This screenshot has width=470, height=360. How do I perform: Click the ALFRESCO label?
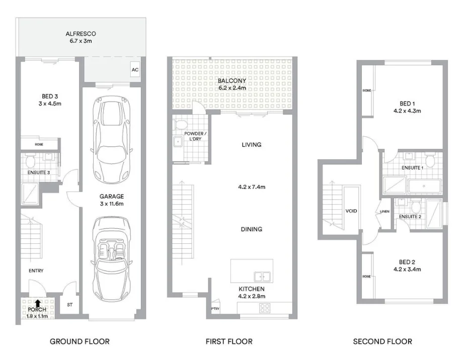pyautogui.click(x=81, y=34)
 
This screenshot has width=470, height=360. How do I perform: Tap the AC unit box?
pyautogui.click(x=134, y=70)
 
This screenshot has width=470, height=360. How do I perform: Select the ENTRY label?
pyautogui.click(x=36, y=271)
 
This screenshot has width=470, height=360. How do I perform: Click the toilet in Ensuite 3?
pyautogui.click(x=30, y=161)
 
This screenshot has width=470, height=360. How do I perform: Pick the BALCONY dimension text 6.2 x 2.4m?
pyautogui.click(x=232, y=87)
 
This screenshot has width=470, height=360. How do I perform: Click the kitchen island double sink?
pyautogui.click(x=261, y=276)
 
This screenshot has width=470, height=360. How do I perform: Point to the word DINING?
pyautogui.click(x=251, y=229)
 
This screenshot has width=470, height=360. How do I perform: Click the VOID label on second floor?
pyautogui.click(x=351, y=211)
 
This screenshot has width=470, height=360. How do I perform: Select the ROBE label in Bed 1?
pyautogui.click(x=366, y=91)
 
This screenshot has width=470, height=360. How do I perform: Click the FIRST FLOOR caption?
pyautogui.click(x=229, y=341)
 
